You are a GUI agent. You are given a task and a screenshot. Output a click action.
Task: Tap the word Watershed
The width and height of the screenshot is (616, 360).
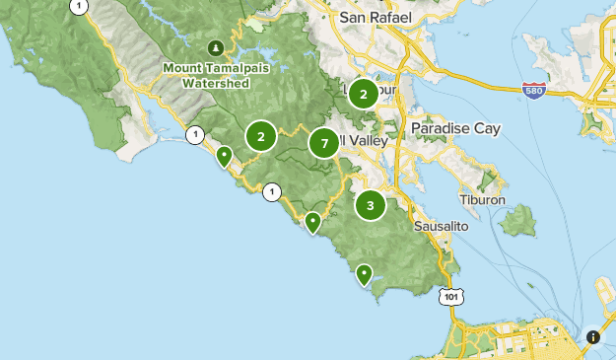point(215,84)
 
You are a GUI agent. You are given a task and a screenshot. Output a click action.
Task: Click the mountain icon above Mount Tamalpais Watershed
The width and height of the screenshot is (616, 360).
point(216,47)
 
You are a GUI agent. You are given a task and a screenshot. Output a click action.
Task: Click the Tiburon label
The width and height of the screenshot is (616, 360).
point(482,199)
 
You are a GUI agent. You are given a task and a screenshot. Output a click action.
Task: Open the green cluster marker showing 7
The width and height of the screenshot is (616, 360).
point(323,144)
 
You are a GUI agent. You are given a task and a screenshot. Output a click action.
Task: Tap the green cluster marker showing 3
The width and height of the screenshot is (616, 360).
point(370,205)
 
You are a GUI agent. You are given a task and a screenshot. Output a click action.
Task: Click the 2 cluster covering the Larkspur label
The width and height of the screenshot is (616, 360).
point(364,95)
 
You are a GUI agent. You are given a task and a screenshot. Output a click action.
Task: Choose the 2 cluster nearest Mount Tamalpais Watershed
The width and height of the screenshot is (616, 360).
point(260,136)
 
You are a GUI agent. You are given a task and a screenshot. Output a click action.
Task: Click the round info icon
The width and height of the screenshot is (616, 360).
point(593,336)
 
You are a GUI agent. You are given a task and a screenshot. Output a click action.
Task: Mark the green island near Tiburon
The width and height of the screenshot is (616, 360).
point(517,222)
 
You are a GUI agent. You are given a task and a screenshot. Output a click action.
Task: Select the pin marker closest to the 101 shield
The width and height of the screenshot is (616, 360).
point(365,274)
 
